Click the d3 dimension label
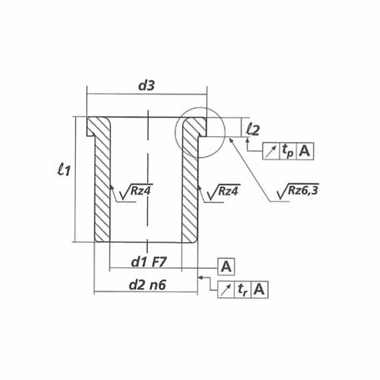[146, 86]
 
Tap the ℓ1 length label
[63, 170]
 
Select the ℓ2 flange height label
[253, 129]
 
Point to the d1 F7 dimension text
[149, 262]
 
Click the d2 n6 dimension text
[148, 285]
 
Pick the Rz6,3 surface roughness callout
[298, 191]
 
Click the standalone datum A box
[225, 266]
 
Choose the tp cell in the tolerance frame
[288, 151]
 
